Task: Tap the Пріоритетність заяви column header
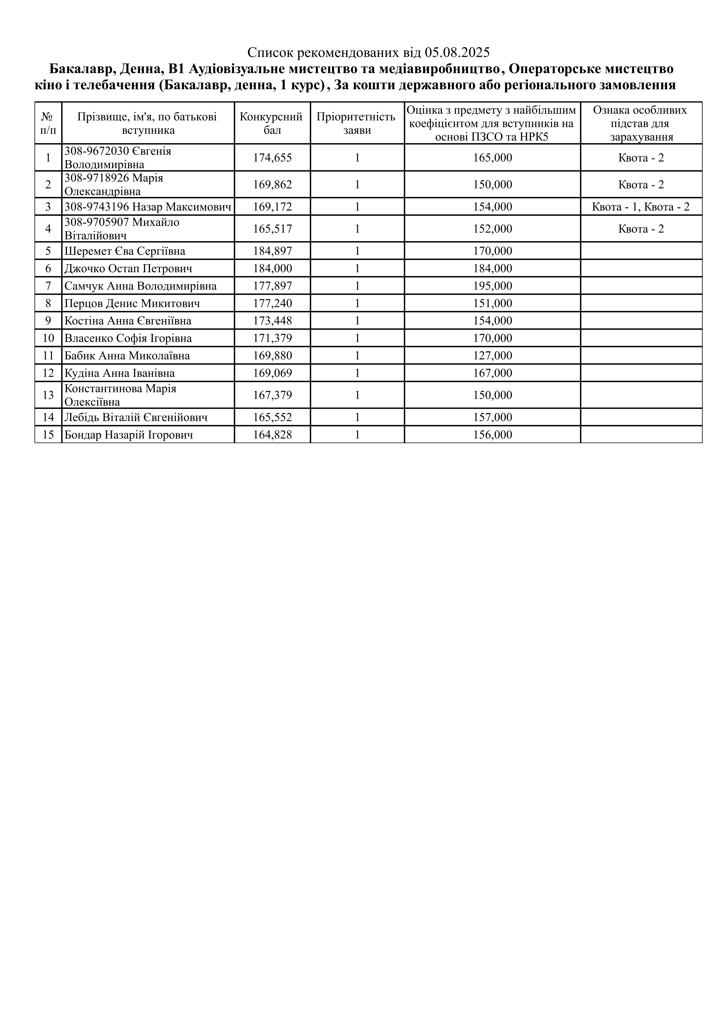357,123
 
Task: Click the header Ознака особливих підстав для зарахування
641,123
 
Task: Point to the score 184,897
272,252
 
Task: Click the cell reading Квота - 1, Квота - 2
641,207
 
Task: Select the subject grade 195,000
493,286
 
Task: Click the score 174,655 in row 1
272,158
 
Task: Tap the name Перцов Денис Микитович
132,304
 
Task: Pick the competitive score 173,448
272,321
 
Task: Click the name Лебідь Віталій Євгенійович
136,418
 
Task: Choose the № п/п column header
48,123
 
